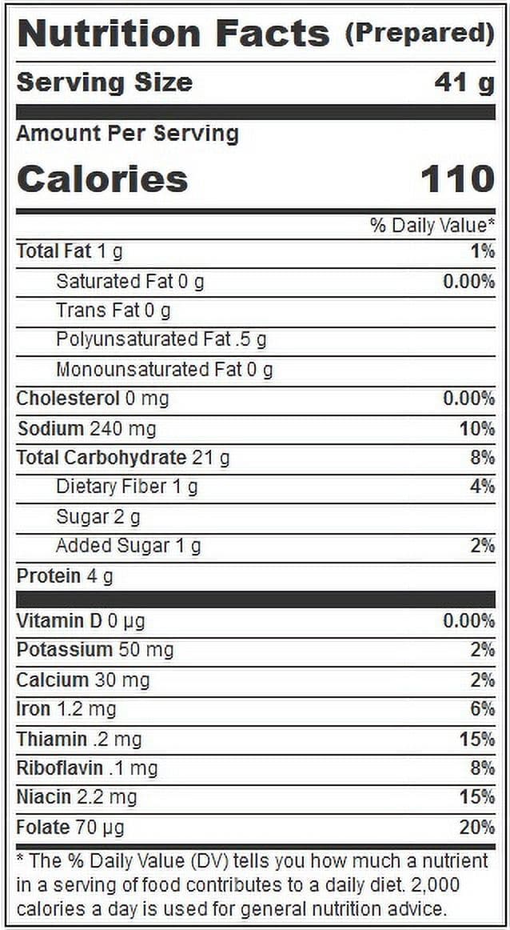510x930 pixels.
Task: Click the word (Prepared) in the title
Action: [x=420, y=34]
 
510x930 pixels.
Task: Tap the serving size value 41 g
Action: [x=464, y=83]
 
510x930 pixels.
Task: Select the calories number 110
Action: [x=457, y=179]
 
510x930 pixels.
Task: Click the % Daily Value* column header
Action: [x=432, y=226]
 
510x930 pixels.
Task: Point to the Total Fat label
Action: [x=54, y=251]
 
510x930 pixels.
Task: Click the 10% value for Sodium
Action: [x=477, y=428]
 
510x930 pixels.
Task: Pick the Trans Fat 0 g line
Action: [x=114, y=311]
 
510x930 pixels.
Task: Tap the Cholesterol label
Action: [x=68, y=399]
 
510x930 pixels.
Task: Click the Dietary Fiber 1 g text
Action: [x=127, y=487]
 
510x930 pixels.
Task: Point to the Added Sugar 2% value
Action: [x=483, y=546]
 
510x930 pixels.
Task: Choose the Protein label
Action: [x=49, y=576]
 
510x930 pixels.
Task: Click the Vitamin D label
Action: [x=59, y=620]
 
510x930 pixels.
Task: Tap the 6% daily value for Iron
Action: [x=483, y=709]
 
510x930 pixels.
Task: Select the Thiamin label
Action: [x=51, y=739]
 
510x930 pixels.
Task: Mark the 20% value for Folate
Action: [x=477, y=827]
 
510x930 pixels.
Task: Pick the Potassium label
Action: [x=64, y=650]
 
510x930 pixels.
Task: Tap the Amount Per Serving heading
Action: [x=127, y=134]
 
